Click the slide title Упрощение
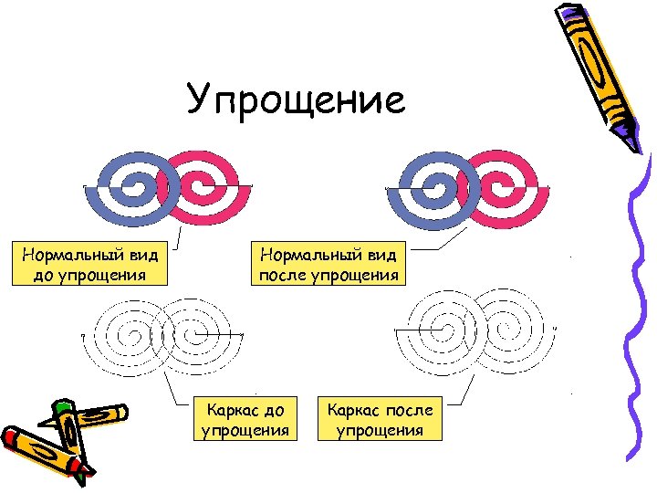296,100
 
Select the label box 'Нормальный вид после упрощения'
329,263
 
